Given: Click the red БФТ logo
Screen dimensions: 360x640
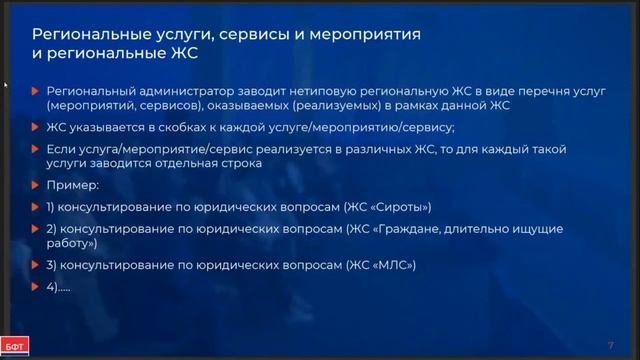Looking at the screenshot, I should point(15,346).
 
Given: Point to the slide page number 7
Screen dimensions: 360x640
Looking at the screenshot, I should point(610,345).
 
